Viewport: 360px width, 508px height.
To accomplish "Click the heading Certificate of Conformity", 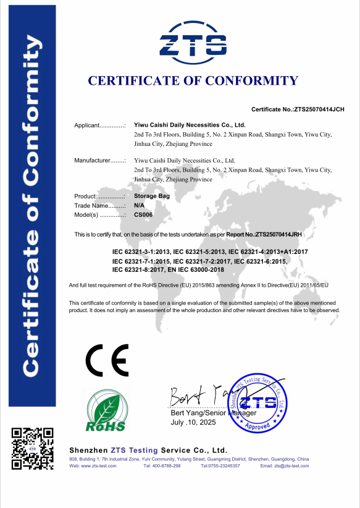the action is pos(193,80).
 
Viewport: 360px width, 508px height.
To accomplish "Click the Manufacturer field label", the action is pos(99,161).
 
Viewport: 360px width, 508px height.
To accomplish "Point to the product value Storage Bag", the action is pos(151,195).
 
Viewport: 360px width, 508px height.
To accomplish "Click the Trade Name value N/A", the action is pos(139,205).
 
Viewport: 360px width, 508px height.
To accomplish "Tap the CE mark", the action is pos(106,361).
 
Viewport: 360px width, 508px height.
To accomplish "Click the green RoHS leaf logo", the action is pos(105,410).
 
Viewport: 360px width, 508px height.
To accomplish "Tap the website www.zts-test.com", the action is pos(98,465).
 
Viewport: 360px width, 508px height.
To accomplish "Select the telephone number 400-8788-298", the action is pos(167,465).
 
